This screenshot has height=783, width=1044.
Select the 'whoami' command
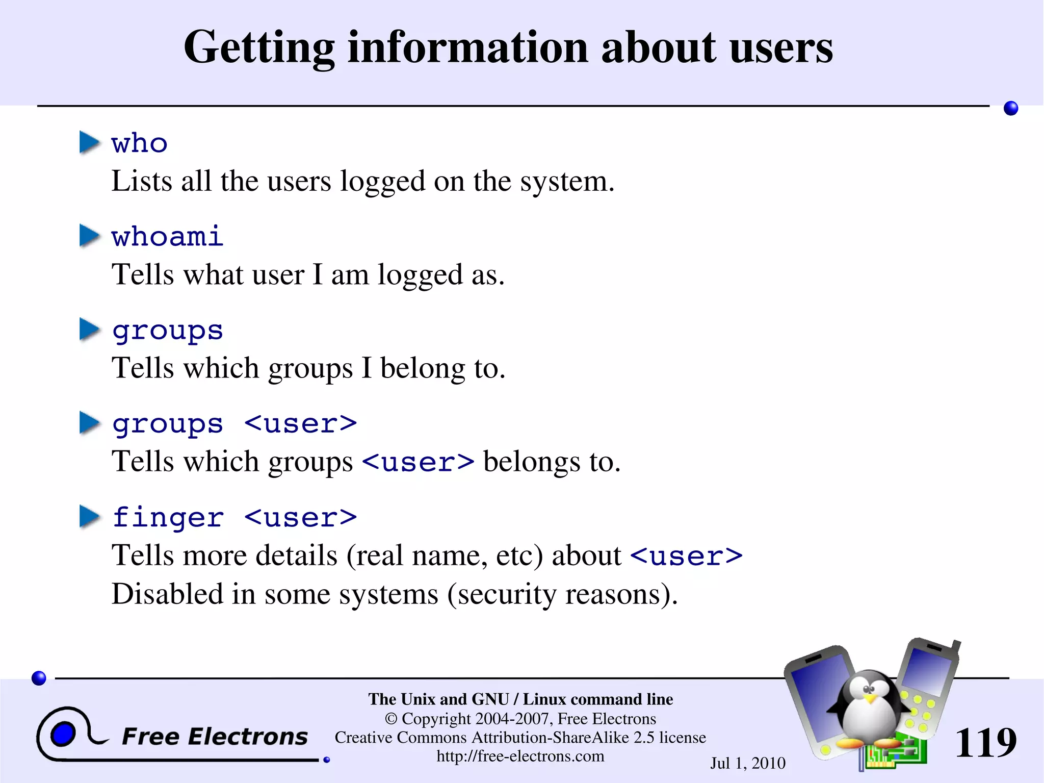tap(167, 237)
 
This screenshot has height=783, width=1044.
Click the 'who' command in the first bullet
tap(139, 143)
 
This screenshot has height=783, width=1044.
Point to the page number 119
tap(985, 743)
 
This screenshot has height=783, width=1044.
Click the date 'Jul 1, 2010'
tap(747, 763)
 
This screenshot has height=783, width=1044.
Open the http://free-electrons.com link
tap(520, 756)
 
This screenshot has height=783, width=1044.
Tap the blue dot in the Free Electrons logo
tap(63, 735)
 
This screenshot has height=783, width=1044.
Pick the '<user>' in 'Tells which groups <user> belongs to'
tap(418, 462)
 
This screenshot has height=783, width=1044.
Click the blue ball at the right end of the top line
tap(1010, 108)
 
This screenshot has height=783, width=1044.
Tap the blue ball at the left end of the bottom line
tap(39, 678)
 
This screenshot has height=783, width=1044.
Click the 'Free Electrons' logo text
tap(215, 737)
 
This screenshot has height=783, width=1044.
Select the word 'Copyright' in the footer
tap(436, 719)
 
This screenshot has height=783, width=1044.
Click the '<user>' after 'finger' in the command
tap(300, 518)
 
